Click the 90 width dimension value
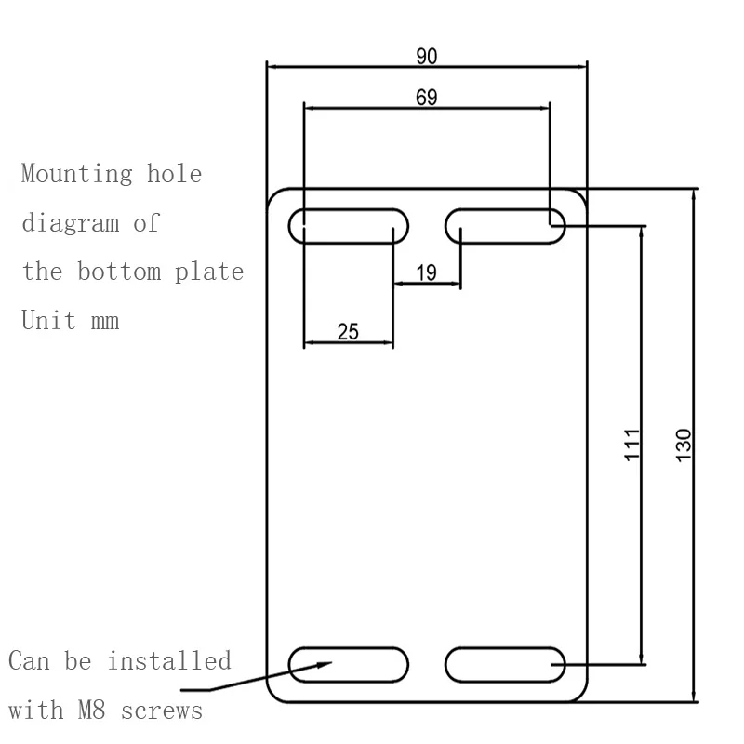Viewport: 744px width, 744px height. (427, 56)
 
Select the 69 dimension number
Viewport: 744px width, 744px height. (427, 97)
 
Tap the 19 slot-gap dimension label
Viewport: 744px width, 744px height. (426, 272)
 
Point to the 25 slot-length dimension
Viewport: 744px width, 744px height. (349, 331)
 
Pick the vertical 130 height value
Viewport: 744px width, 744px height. (684, 446)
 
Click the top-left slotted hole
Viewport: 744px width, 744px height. (350, 226)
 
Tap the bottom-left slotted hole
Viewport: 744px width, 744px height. (350, 664)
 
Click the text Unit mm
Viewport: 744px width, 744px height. (70, 322)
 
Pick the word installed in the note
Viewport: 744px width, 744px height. (169, 662)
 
